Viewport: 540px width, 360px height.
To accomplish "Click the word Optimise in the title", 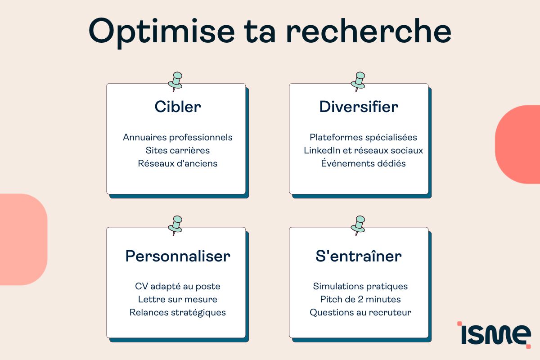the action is (162, 32).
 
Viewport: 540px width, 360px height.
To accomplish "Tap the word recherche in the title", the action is (369, 31).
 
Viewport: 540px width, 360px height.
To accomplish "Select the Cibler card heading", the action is (178, 107).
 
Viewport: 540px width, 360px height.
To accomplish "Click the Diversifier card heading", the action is (359, 107).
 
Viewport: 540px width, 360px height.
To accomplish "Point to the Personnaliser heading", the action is (178, 256).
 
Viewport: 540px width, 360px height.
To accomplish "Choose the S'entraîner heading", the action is (359, 256).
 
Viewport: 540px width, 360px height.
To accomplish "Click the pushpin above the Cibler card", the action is (175, 81).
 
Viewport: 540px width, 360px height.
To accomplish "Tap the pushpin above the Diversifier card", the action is (358, 81).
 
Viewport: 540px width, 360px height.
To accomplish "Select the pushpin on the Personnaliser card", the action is (175, 225).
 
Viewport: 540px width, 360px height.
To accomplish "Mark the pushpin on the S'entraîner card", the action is (358, 225).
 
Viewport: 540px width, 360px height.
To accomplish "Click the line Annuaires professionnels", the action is (178, 137).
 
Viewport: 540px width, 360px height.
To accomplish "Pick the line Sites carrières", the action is (178, 150).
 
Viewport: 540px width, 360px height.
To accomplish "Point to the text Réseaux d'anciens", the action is (178, 163).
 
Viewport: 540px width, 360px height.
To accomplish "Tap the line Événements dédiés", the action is (363, 163).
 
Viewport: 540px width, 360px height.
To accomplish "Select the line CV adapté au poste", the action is (178, 287).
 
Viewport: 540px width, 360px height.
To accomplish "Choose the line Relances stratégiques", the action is (178, 312).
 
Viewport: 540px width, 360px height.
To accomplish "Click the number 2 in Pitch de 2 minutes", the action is (360, 299).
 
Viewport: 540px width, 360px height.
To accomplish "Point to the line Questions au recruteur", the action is (360, 312).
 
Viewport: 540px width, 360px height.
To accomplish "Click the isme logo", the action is (494, 334).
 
